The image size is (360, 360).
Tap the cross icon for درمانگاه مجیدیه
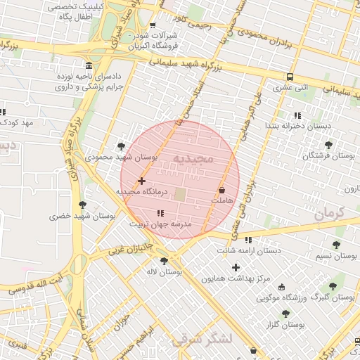(x=142, y=181)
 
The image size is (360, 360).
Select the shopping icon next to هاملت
(x=222, y=190)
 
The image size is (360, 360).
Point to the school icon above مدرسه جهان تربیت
(x=161, y=213)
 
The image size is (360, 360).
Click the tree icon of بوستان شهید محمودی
(x=122, y=146)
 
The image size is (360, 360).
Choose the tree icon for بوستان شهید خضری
(x=83, y=205)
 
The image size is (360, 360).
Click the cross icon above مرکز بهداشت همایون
(x=236, y=267)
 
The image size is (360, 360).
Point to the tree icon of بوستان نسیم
(x=336, y=245)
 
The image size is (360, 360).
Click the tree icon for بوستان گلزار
(x=285, y=314)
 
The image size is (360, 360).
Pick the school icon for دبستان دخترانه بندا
(x=297, y=115)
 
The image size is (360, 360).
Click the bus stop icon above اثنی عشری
(x=290, y=77)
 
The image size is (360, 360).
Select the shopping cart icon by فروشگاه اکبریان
(x=153, y=26)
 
